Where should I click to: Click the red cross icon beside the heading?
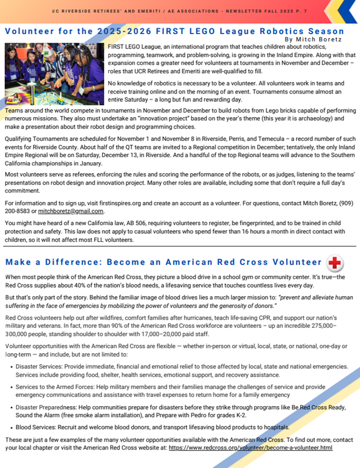point(334,263)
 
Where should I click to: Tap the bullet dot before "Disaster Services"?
point(10,366)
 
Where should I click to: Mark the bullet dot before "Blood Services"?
point(10,427)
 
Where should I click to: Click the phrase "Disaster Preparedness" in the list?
point(45,407)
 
